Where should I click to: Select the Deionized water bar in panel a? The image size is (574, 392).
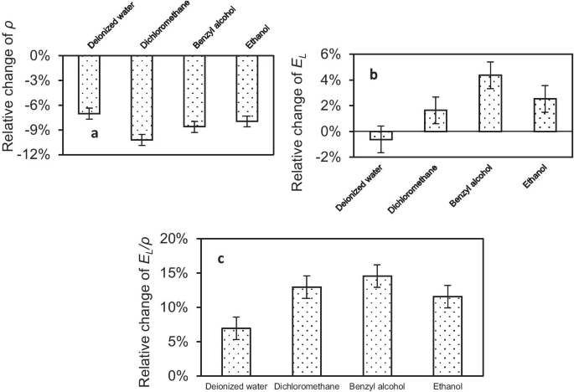click(90, 84)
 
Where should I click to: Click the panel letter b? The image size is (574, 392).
click(375, 76)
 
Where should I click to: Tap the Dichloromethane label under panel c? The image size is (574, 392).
click(307, 386)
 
